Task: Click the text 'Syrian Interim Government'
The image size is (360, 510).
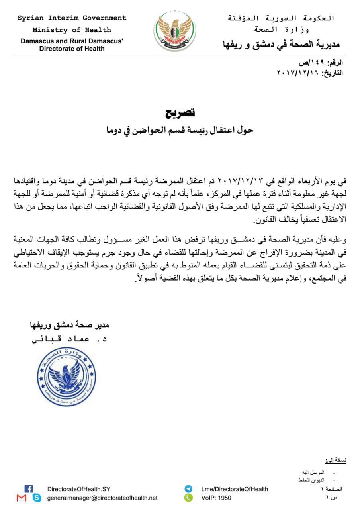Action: tap(72, 18)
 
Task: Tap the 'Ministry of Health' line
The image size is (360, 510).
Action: tap(72, 30)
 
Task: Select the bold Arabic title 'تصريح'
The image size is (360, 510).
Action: tap(180, 113)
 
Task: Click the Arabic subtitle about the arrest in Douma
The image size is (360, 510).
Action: tap(180, 130)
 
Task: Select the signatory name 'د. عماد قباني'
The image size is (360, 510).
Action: tap(70, 339)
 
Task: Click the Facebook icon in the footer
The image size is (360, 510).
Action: tap(28, 488)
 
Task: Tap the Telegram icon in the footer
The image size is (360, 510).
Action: tap(188, 489)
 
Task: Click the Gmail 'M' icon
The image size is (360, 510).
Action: tap(22, 498)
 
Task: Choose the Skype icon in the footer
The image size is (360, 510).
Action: tap(37, 498)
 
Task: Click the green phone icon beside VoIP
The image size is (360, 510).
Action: tap(188, 498)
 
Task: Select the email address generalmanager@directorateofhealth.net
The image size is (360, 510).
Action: tap(102, 498)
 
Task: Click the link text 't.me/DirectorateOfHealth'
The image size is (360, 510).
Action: tap(235, 489)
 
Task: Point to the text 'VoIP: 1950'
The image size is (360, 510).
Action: tap(216, 498)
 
